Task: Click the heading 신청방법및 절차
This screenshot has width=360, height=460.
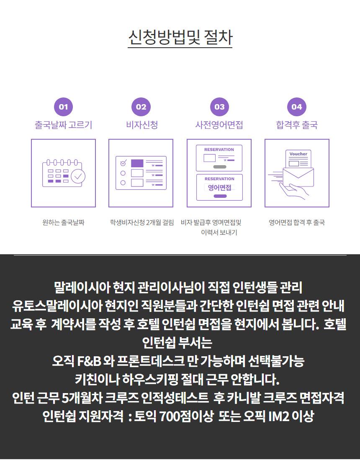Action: pos(180,38)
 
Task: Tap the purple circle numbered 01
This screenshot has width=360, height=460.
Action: pos(64,107)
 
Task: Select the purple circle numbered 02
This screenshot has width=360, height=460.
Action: pos(141,107)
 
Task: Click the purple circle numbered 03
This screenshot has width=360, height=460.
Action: pos(219,107)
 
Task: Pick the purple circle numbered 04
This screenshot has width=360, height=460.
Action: pos(296,107)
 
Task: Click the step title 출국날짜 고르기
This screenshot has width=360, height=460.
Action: pos(64,125)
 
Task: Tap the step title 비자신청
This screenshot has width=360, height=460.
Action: pos(142,125)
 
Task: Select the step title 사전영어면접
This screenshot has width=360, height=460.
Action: pos(219,125)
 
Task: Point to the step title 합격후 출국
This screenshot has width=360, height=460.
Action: pos(297,125)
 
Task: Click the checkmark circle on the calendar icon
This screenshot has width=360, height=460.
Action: pos(78,176)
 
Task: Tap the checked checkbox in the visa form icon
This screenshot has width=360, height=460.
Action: pos(123,163)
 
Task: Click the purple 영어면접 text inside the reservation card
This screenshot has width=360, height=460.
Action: pos(219,187)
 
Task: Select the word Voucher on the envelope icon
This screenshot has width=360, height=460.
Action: pos(298,154)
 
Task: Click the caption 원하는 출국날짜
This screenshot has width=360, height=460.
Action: pos(64,222)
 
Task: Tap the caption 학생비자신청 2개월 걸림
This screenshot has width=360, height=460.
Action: pos(142,222)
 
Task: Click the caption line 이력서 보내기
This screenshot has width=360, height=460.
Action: pos(219,233)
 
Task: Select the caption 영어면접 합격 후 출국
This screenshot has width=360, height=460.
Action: pos(297,222)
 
